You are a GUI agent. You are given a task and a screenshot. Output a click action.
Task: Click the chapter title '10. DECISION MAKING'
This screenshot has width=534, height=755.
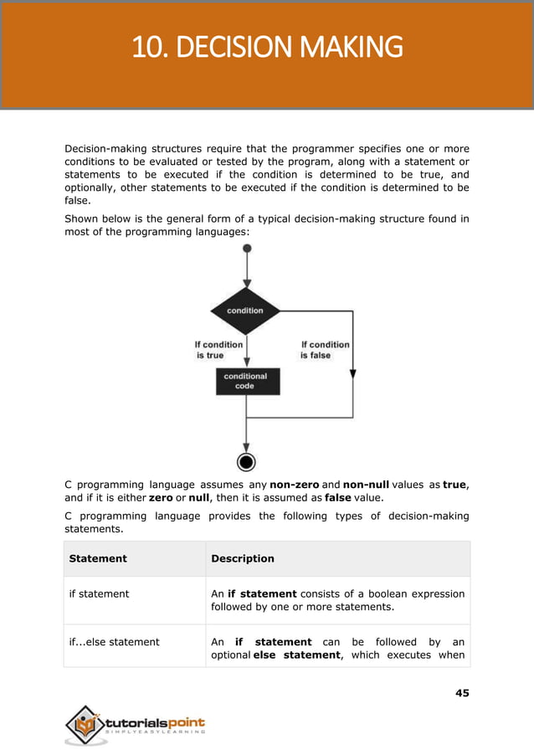[x=267, y=47]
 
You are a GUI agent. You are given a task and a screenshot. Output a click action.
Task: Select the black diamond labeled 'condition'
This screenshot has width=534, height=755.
[x=245, y=311]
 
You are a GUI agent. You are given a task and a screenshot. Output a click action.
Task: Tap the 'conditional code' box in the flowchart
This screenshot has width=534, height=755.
[x=244, y=382]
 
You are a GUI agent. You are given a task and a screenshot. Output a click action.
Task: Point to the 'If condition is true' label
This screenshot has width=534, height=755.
[x=218, y=350]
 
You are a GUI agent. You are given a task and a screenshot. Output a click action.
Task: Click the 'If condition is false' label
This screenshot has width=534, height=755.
[x=325, y=350]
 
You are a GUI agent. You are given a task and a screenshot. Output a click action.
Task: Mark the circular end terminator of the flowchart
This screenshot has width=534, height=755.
[x=246, y=461]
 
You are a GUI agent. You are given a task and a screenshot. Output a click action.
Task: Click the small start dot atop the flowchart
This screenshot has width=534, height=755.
[x=246, y=249]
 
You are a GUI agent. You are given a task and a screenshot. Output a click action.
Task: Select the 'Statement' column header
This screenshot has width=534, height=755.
[x=98, y=558]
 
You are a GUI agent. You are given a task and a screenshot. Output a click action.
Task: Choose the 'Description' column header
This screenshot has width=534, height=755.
[x=242, y=558]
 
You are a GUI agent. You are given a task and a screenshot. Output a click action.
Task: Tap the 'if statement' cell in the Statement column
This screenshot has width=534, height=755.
[x=99, y=593]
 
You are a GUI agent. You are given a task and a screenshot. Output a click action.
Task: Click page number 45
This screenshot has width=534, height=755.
[x=462, y=692]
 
